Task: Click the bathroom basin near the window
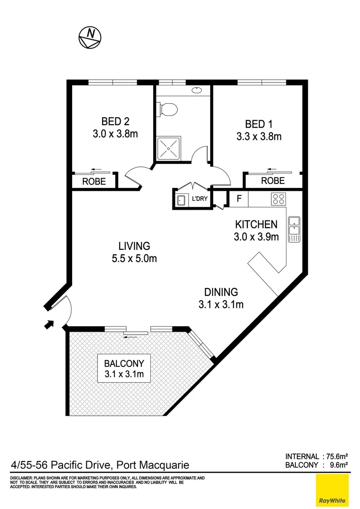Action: coord(197,90)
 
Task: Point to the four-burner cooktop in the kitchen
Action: coord(278,199)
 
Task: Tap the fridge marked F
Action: coord(239,199)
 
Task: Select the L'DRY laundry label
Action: coord(199,199)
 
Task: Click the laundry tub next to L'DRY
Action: coord(180,199)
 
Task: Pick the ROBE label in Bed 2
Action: coord(94,181)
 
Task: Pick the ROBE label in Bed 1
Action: coord(273,181)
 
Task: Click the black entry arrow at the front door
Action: coord(49,324)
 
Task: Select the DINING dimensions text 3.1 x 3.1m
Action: coord(221,304)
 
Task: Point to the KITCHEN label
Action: coord(256,224)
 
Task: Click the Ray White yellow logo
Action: coord(333,491)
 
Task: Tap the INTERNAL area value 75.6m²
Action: coord(335,456)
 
